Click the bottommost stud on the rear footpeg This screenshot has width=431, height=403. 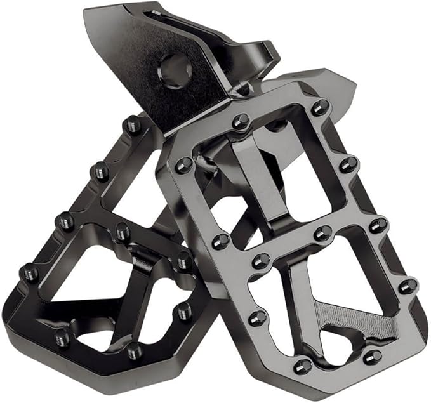click(135, 350)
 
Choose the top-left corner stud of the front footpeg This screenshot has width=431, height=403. click(184, 165)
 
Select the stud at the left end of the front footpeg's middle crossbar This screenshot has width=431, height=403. click(221, 241)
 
